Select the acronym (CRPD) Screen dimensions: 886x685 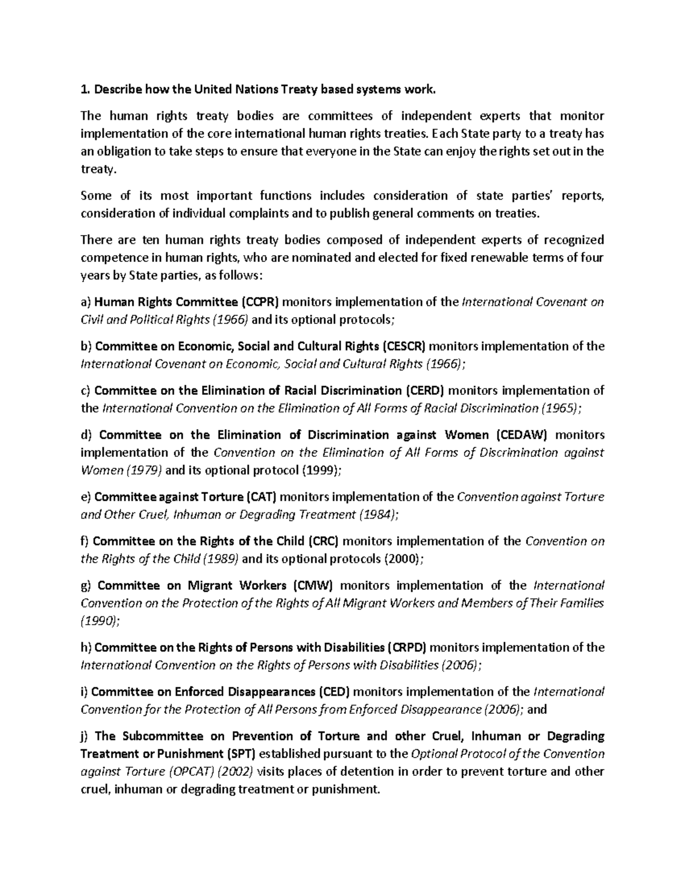[407, 648]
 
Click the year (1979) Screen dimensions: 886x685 [144, 471]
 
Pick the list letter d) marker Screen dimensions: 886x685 [86, 435]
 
